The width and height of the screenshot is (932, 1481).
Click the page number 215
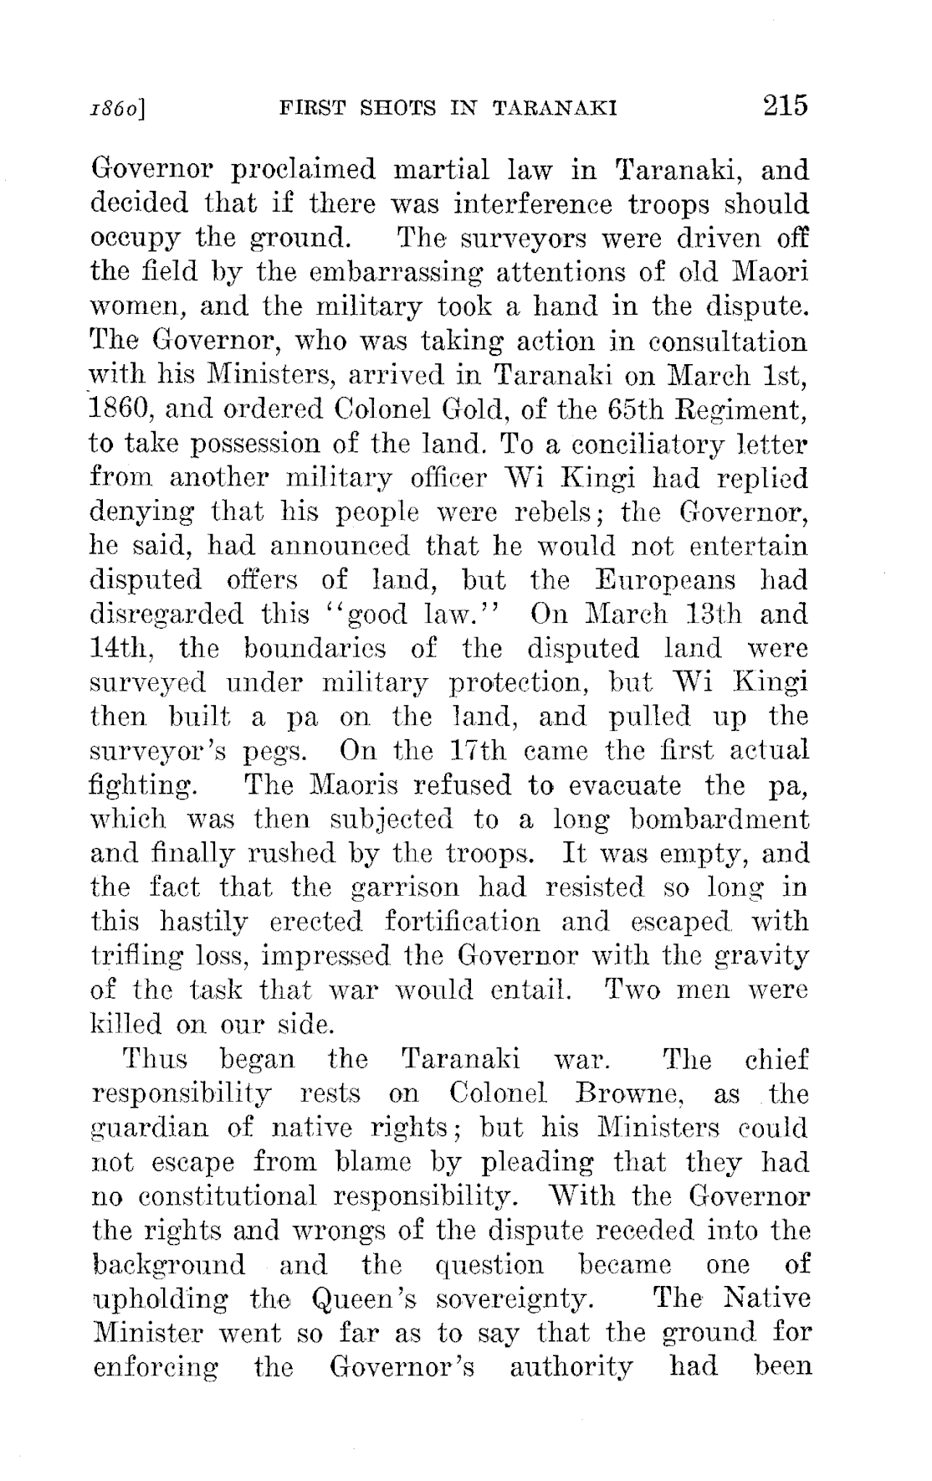tap(784, 106)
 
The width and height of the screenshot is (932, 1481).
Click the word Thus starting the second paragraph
tap(156, 1059)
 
